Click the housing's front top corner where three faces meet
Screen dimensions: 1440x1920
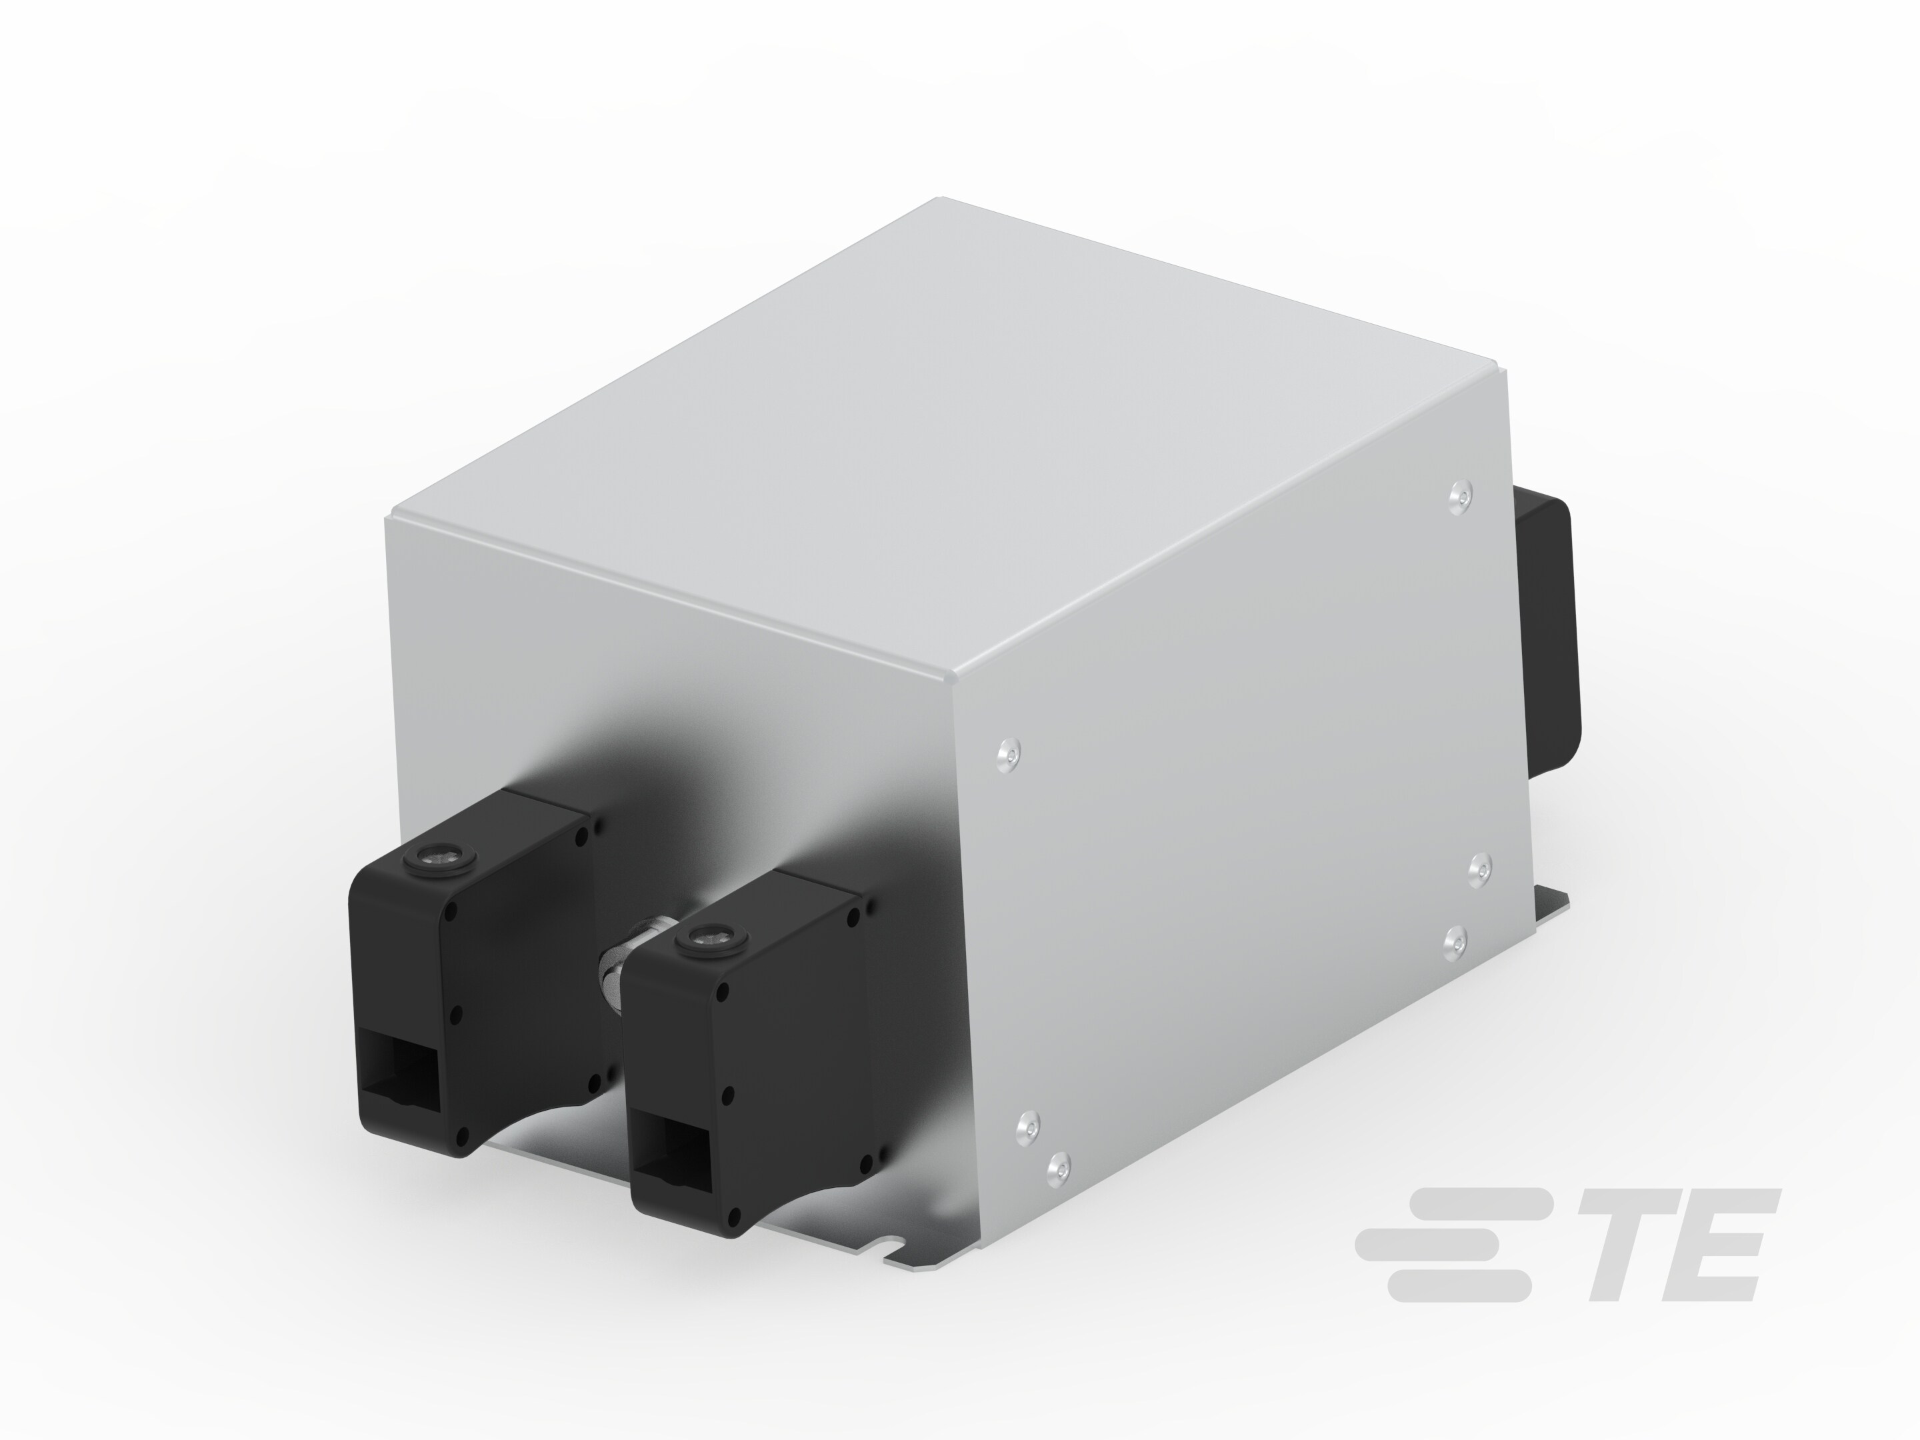[951, 678]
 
